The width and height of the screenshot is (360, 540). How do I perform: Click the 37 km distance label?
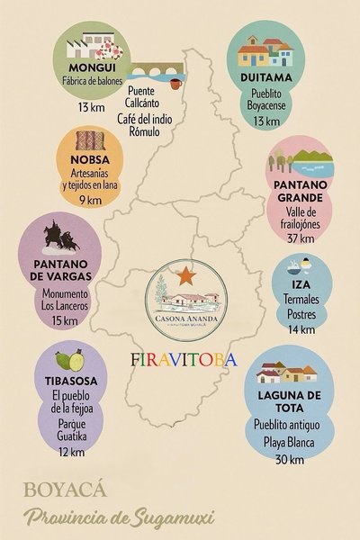click(x=300, y=238)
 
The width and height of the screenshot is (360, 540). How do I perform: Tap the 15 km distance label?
click(x=66, y=320)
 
